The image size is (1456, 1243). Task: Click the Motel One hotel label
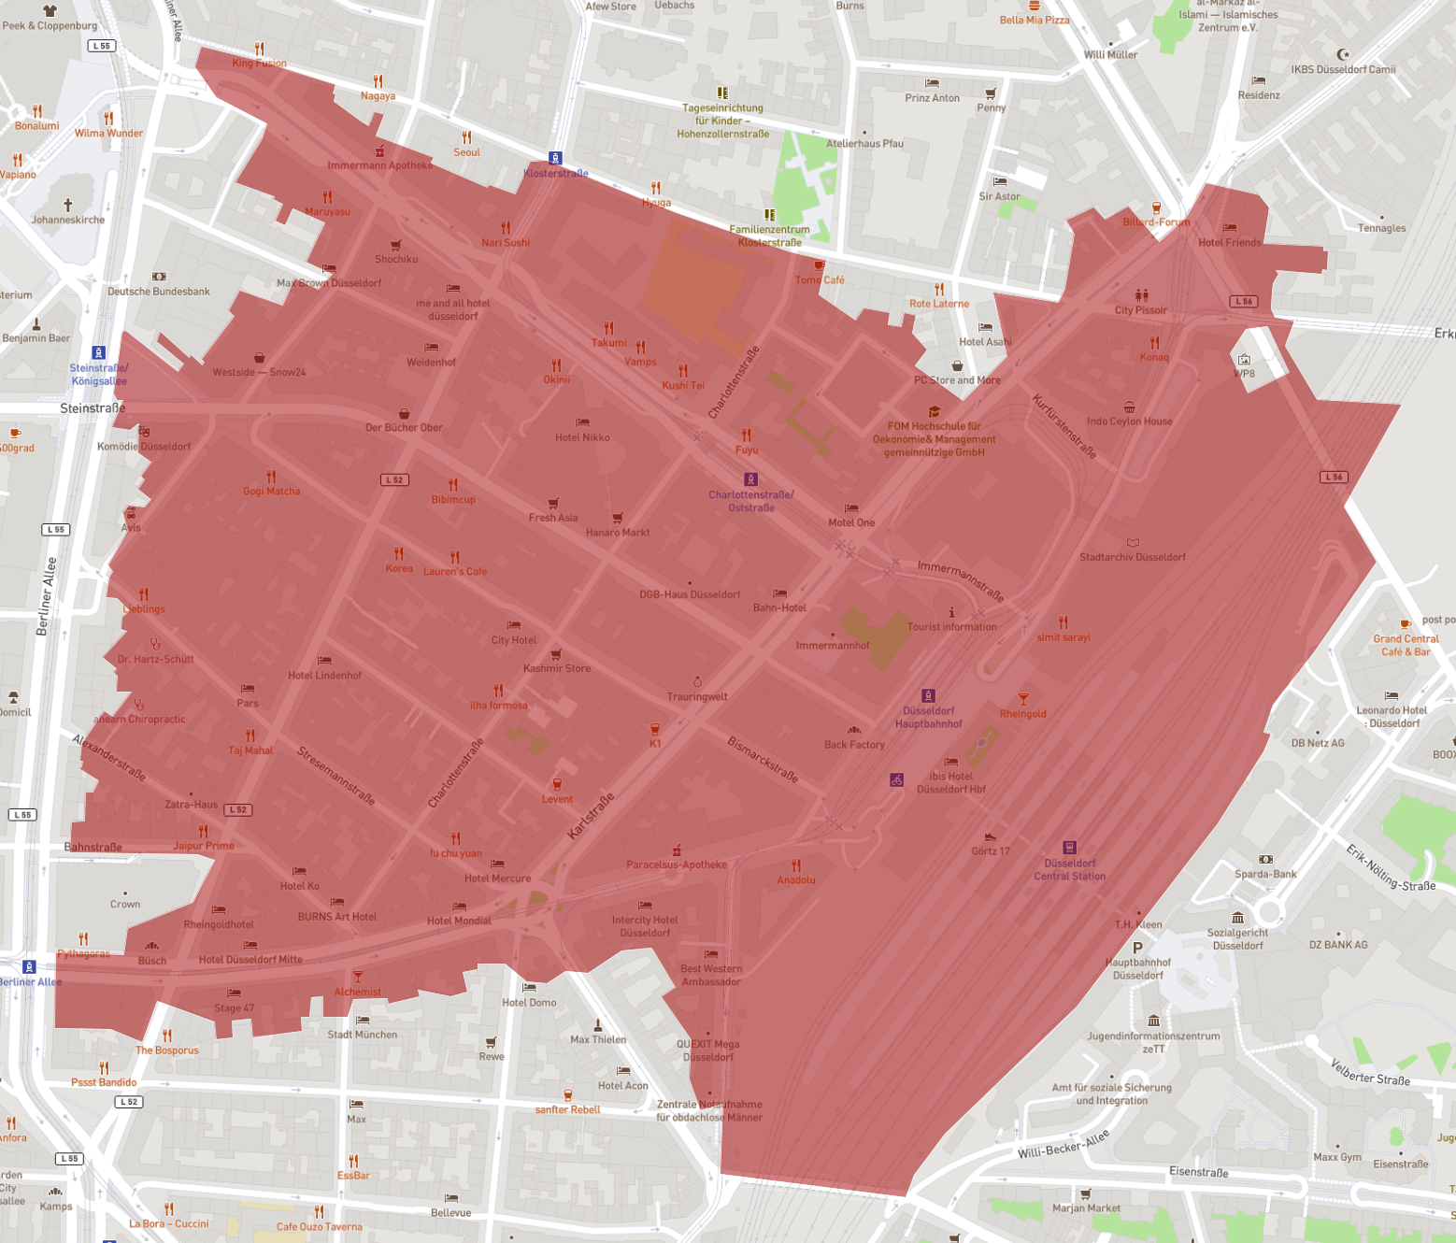pyautogui.click(x=851, y=522)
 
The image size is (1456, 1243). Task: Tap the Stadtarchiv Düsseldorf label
pyautogui.click(x=1132, y=557)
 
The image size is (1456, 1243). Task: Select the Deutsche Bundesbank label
pyautogui.click(x=159, y=292)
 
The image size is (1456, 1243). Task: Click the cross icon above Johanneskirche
pyautogui.click(x=67, y=205)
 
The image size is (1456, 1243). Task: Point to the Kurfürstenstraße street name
pyautogui.click(x=1063, y=426)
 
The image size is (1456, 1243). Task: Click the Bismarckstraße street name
pyautogui.click(x=763, y=759)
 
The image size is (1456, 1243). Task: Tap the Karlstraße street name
pyautogui.click(x=592, y=816)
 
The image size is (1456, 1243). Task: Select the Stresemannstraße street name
pyautogui.click(x=336, y=776)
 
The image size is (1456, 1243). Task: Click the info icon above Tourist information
pyautogui.click(x=951, y=612)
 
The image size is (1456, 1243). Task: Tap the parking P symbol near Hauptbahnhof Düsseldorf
pyautogui.click(x=1137, y=948)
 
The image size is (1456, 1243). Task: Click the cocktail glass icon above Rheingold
pyautogui.click(x=1023, y=698)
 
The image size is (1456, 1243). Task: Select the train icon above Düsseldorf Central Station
pyautogui.click(x=1069, y=848)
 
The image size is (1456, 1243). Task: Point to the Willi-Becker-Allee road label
pyautogui.click(x=1063, y=1144)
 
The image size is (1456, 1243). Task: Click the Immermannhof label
pyautogui.click(x=832, y=646)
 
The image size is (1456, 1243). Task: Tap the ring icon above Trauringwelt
pyautogui.click(x=697, y=682)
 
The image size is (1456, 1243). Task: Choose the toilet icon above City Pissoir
pyautogui.click(x=1141, y=295)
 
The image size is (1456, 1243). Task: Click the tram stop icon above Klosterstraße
pyautogui.click(x=555, y=158)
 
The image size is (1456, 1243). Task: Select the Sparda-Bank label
pyautogui.click(x=1265, y=875)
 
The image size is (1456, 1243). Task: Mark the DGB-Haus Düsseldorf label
pyautogui.click(x=690, y=594)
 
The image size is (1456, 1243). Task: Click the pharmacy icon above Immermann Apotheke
pyautogui.click(x=379, y=150)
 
